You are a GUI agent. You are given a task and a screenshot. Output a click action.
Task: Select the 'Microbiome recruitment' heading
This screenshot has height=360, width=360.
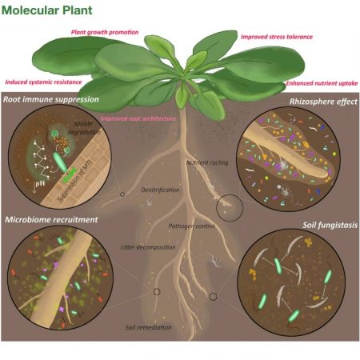coord(51,218)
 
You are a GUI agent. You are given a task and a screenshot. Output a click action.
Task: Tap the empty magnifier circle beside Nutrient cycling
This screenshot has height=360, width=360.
coord(230,207)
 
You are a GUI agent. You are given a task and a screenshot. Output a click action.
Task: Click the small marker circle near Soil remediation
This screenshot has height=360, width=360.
coord(157,293)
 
